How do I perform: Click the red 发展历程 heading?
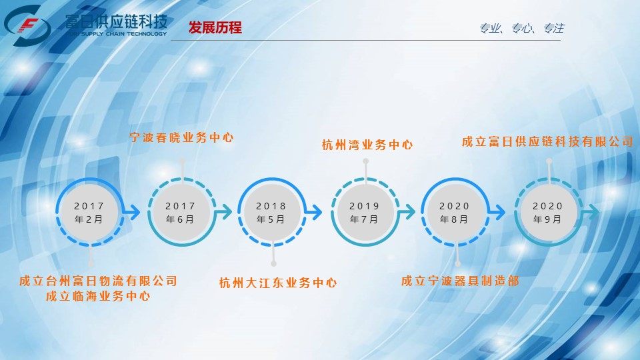coord(215,28)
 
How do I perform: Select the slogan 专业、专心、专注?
coord(521,28)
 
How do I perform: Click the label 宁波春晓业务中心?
coord(181,137)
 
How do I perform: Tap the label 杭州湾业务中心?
coord(367,145)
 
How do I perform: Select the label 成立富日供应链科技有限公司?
coord(547,141)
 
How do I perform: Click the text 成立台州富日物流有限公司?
coord(99,281)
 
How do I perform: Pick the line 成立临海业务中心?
coord(99,296)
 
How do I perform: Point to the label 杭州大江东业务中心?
coord(278,283)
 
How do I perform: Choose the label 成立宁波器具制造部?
coord(460,281)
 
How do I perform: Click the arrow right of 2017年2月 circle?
coord(131,212)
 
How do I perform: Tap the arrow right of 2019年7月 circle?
coord(407,212)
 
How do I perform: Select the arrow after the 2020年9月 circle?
coord(591,212)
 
